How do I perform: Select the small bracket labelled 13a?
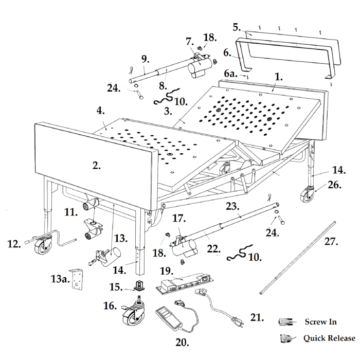77,279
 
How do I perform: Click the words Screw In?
320,322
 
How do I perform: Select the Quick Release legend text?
329,338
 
